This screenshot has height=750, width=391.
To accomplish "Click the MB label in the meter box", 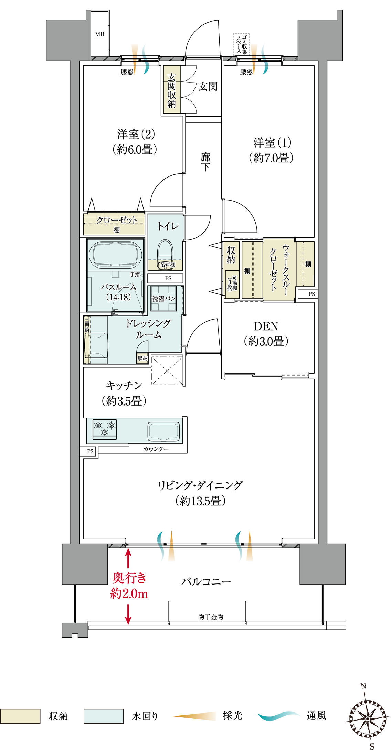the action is click(x=99, y=34).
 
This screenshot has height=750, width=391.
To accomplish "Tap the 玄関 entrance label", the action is click(x=208, y=87).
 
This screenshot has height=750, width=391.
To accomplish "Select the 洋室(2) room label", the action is click(x=136, y=134).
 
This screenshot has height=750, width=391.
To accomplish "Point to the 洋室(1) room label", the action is click(x=273, y=142).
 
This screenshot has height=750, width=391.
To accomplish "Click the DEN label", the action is click(x=266, y=326).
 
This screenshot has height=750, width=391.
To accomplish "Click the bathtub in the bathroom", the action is click(x=116, y=254).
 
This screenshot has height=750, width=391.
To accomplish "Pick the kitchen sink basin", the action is click(x=164, y=431).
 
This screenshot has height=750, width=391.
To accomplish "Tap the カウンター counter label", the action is click(x=156, y=449).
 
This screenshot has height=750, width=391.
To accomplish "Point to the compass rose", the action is click(x=368, y=719).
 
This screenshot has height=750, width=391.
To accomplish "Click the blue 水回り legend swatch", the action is click(x=104, y=716).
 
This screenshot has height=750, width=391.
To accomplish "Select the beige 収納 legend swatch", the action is click(x=20, y=716).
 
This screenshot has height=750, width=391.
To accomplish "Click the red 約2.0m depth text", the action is click(x=129, y=593).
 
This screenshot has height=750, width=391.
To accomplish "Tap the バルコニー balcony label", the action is click(x=206, y=582).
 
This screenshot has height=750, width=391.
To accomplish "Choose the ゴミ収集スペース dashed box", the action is click(x=241, y=44).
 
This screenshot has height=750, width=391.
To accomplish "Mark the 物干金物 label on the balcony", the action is click(x=211, y=617).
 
